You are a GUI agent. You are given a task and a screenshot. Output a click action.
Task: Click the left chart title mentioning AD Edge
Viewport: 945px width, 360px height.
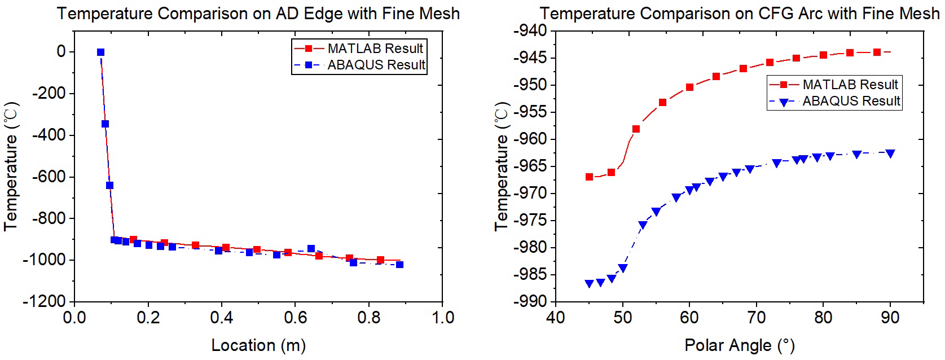tap(258, 14)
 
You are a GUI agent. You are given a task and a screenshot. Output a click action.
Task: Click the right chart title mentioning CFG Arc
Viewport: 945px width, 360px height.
tap(739, 14)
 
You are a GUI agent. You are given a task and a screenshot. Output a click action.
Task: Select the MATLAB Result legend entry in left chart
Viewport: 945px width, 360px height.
tap(375, 49)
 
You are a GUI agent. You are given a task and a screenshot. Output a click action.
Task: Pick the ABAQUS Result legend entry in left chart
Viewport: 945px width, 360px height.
tap(376, 65)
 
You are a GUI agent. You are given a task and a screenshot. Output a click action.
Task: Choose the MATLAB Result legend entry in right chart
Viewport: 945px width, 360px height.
tap(850, 85)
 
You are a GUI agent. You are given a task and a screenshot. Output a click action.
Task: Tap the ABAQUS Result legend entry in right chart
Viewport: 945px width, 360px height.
tap(851, 101)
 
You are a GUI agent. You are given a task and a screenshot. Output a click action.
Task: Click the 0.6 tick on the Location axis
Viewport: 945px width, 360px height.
tap(295, 317)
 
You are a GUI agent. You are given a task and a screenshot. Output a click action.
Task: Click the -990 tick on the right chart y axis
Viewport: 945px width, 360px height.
tap(531, 302)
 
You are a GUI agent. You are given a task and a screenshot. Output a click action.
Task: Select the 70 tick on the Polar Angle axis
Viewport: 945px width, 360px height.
tap(757, 317)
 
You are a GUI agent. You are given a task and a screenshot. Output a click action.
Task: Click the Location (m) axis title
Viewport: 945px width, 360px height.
tap(258, 345)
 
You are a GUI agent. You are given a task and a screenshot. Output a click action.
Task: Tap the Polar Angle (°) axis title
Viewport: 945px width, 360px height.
tap(739, 345)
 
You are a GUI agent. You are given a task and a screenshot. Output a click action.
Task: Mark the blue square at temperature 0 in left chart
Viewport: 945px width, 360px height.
tap(100, 52)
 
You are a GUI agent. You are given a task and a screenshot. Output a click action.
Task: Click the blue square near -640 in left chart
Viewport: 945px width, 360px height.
tap(109, 185)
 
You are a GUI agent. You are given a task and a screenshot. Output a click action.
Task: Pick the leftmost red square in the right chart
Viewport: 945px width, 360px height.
tap(589, 177)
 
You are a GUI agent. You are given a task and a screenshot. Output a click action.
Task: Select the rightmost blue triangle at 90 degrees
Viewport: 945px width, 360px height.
tap(890, 153)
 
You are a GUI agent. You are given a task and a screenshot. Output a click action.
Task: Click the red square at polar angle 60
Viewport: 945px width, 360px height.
tap(689, 87)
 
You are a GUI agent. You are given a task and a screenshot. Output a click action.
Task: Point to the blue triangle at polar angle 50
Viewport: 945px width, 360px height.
tap(622, 268)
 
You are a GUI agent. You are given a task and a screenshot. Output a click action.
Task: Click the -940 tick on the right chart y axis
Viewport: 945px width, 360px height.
tap(531, 31)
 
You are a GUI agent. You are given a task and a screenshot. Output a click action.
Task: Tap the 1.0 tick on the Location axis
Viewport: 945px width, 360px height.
tap(443, 317)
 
